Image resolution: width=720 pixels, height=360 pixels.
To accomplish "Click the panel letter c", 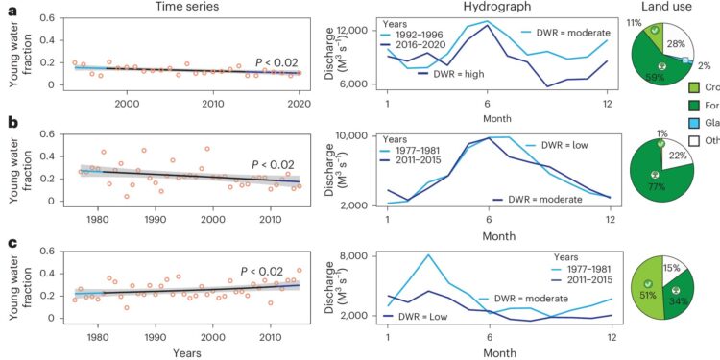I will pos(10,240).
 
